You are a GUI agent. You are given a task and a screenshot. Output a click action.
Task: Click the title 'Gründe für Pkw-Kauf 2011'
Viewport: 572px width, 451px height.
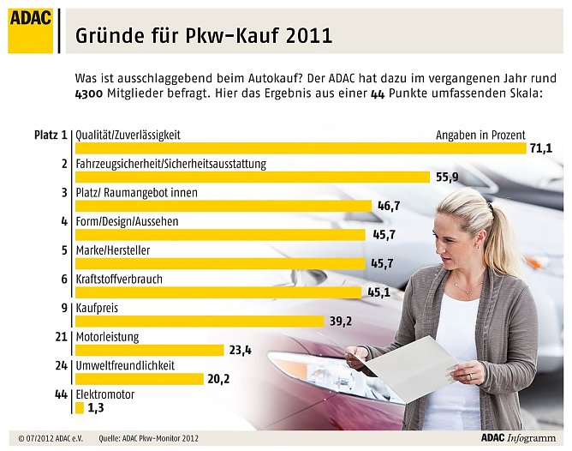pyautogui.click(x=204, y=36)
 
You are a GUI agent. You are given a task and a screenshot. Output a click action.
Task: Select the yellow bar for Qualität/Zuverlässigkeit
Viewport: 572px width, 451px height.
pyautogui.click(x=300, y=148)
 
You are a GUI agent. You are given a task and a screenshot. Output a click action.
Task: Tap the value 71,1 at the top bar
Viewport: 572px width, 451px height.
pyautogui.click(x=541, y=149)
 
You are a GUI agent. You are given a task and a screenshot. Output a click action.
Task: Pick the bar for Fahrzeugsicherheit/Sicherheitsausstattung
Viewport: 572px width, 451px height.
pyautogui.click(x=252, y=177)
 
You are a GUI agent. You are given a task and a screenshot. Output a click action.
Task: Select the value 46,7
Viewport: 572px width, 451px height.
pyautogui.click(x=390, y=207)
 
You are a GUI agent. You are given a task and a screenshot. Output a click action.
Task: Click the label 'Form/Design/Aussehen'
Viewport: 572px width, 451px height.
pyautogui.click(x=127, y=221)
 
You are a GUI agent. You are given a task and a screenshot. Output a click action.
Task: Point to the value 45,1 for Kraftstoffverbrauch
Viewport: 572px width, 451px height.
pyautogui.click(x=379, y=292)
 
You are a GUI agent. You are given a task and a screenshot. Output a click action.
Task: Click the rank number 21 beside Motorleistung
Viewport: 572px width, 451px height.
pyautogui.click(x=61, y=337)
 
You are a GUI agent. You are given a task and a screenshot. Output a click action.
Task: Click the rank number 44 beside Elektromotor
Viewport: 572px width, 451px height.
pyautogui.click(x=61, y=394)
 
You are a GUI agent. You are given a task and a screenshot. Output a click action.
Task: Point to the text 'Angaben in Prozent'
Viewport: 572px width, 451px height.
pyautogui.click(x=480, y=135)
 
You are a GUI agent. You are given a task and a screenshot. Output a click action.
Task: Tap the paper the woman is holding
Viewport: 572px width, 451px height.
pyautogui.click(x=411, y=370)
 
